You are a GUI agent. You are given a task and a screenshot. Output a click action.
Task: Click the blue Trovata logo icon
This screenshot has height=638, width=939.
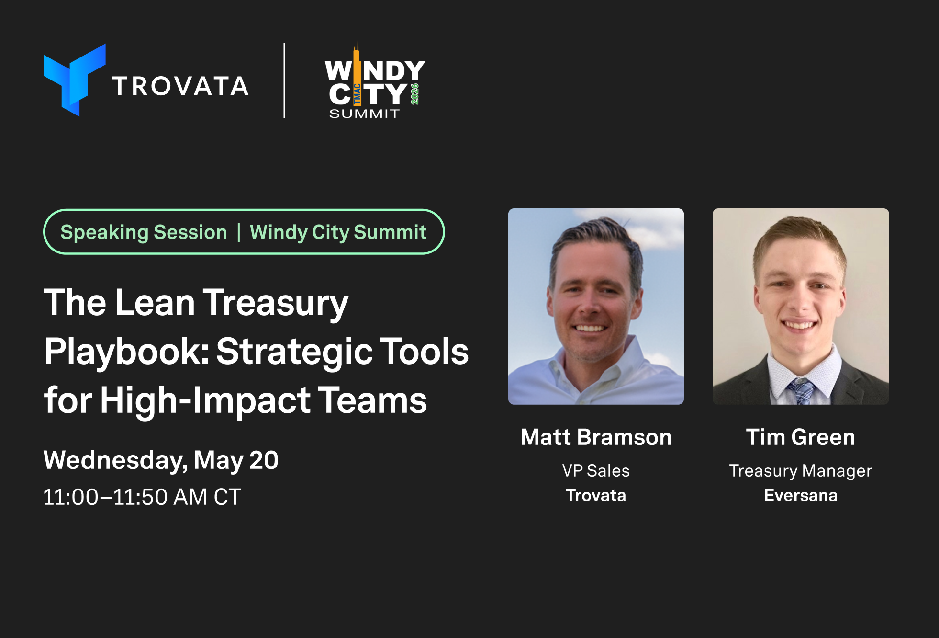tap(74, 80)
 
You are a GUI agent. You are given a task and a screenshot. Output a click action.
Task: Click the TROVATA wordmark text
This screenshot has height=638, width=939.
tap(180, 86)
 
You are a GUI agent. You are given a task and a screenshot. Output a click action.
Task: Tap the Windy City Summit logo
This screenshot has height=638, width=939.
tap(375, 80)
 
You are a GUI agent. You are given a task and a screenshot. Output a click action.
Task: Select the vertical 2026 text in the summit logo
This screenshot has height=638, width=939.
tap(415, 94)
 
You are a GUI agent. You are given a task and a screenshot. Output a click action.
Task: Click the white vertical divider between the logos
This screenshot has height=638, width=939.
tap(284, 80)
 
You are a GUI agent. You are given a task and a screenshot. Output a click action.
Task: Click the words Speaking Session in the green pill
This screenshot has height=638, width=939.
tap(144, 232)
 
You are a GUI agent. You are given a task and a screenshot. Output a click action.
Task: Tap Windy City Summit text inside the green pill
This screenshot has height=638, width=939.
tap(338, 232)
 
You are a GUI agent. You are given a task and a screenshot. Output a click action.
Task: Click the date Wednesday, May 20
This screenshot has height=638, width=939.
tap(161, 460)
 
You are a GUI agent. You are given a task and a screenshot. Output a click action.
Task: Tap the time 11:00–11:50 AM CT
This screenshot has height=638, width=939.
tap(142, 497)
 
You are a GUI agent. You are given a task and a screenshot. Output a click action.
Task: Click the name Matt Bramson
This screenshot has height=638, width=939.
tap(596, 437)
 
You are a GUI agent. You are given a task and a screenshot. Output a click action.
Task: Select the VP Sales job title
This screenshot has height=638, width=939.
tap(596, 471)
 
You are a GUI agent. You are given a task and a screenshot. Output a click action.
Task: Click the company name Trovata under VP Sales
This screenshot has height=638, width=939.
tap(596, 495)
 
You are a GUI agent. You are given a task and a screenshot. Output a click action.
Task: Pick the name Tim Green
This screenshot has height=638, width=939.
tap(801, 437)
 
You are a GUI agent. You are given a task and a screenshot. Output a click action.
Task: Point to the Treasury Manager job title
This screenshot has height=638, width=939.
tap(801, 471)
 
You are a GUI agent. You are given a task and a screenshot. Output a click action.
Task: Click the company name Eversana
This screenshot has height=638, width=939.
tap(801, 495)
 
